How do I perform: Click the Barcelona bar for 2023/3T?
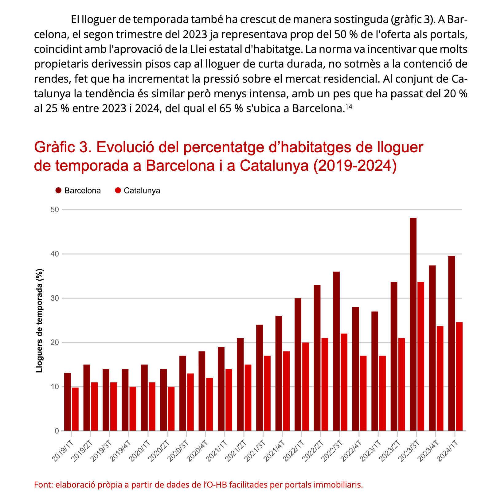[413, 324]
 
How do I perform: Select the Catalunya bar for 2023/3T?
[421, 356]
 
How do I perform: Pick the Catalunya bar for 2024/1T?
[459, 376]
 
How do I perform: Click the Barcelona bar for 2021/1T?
[221, 389]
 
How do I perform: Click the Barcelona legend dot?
[58, 191]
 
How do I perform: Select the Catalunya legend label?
[142, 191]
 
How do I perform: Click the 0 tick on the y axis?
[57, 431]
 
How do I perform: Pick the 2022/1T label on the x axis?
[294, 450]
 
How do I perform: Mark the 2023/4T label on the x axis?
[428, 450]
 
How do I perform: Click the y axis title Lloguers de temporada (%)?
[39, 321]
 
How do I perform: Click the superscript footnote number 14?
[349, 106]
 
